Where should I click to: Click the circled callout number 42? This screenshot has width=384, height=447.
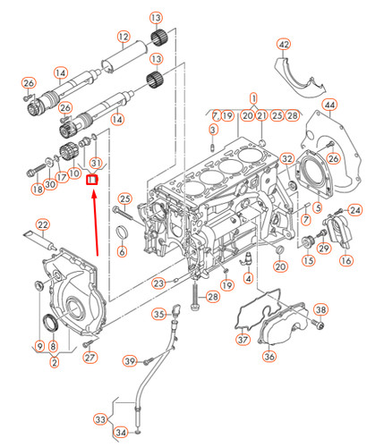[284, 44]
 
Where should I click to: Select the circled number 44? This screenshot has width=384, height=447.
[330, 105]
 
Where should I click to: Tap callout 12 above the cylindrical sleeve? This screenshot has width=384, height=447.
[124, 37]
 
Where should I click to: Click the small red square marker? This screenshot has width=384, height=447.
[90, 178]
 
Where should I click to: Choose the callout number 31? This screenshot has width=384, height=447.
[98, 163]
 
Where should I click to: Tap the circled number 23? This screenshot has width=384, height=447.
[158, 283]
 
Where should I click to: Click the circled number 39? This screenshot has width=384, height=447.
[130, 361]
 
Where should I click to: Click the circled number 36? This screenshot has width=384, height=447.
[269, 356]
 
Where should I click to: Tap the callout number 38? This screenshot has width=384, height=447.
[320, 310]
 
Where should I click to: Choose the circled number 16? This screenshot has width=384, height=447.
[346, 261]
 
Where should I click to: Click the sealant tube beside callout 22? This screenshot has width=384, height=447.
[36, 239]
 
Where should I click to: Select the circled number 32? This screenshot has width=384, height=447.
[287, 159]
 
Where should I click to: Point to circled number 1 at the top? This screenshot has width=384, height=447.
[253, 97]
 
